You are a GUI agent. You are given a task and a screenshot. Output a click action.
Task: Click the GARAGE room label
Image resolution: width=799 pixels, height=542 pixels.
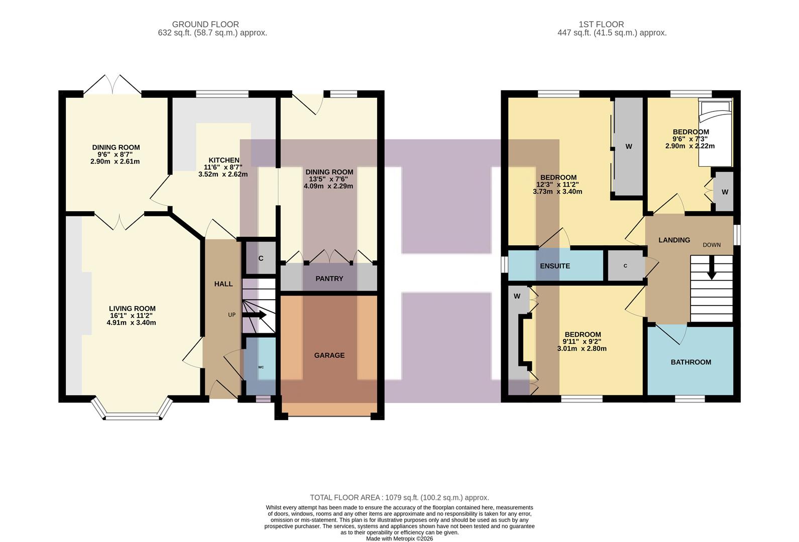click(x=329, y=355)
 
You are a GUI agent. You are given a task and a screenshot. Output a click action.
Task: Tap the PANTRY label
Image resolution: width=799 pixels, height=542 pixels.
click(x=329, y=279)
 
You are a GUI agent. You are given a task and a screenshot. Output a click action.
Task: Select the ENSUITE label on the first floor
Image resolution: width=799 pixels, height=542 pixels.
click(x=554, y=266)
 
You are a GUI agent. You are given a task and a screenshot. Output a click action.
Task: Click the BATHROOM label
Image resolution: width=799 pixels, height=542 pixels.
click(x=691, y=362)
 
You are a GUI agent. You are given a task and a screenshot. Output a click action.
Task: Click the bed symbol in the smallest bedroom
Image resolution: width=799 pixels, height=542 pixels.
click(x=715, y=133)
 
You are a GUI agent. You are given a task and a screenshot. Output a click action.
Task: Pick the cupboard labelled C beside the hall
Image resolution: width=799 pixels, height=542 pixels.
click(x=261, y=258)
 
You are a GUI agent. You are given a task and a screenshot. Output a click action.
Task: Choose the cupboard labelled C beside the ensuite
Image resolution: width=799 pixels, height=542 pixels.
click(x=625, y=266)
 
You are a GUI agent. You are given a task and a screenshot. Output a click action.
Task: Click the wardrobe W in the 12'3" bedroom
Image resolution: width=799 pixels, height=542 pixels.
click(x=628, y=147)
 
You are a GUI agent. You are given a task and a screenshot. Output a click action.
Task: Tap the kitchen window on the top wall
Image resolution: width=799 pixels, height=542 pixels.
click(x=222, y=94)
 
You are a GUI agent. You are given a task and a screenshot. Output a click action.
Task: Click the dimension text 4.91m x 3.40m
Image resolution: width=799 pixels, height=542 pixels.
click(x=131, y=323)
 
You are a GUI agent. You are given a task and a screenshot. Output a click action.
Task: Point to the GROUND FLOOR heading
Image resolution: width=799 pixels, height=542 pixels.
click(x=205, y=24)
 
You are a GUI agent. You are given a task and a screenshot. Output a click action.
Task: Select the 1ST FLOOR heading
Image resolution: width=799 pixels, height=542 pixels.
click(x=601, y=24)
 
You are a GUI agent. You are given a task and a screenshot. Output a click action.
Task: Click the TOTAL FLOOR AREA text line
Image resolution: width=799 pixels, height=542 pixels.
click(x=399, y=497)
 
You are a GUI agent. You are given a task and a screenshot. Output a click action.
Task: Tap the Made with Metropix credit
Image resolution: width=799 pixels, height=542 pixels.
click(x=399, y=538)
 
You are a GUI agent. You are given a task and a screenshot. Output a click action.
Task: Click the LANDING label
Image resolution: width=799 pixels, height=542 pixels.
click(x=674, y=240)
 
